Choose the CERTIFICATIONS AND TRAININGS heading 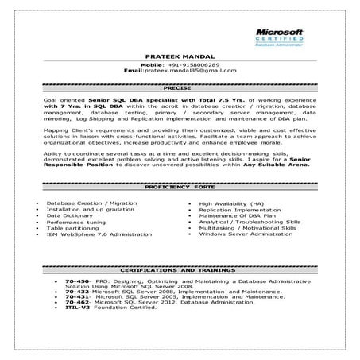180,271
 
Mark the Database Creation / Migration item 80,203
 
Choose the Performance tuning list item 74,222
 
